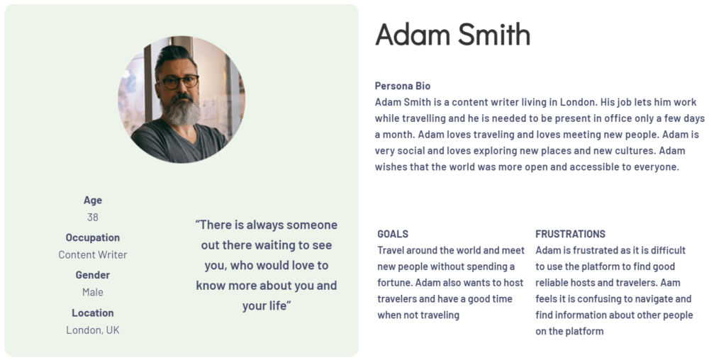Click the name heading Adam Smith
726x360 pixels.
click(452, 34)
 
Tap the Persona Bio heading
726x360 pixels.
click(403, 86)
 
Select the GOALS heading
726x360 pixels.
click(393, 234)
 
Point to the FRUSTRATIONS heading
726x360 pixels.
click(571, 234)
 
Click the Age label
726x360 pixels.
click(93, 200)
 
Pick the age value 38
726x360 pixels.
click(93, 217)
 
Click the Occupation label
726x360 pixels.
click(93, 237)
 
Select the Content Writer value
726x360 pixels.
click(93, 254)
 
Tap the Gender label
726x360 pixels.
click(93, 275)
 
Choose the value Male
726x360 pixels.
click(93, 292)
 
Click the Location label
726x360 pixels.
click(93, 313)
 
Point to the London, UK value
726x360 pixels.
click(93, 330)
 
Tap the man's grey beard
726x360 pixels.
click(181, 111)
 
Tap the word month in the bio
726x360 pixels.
click(398, 134)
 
